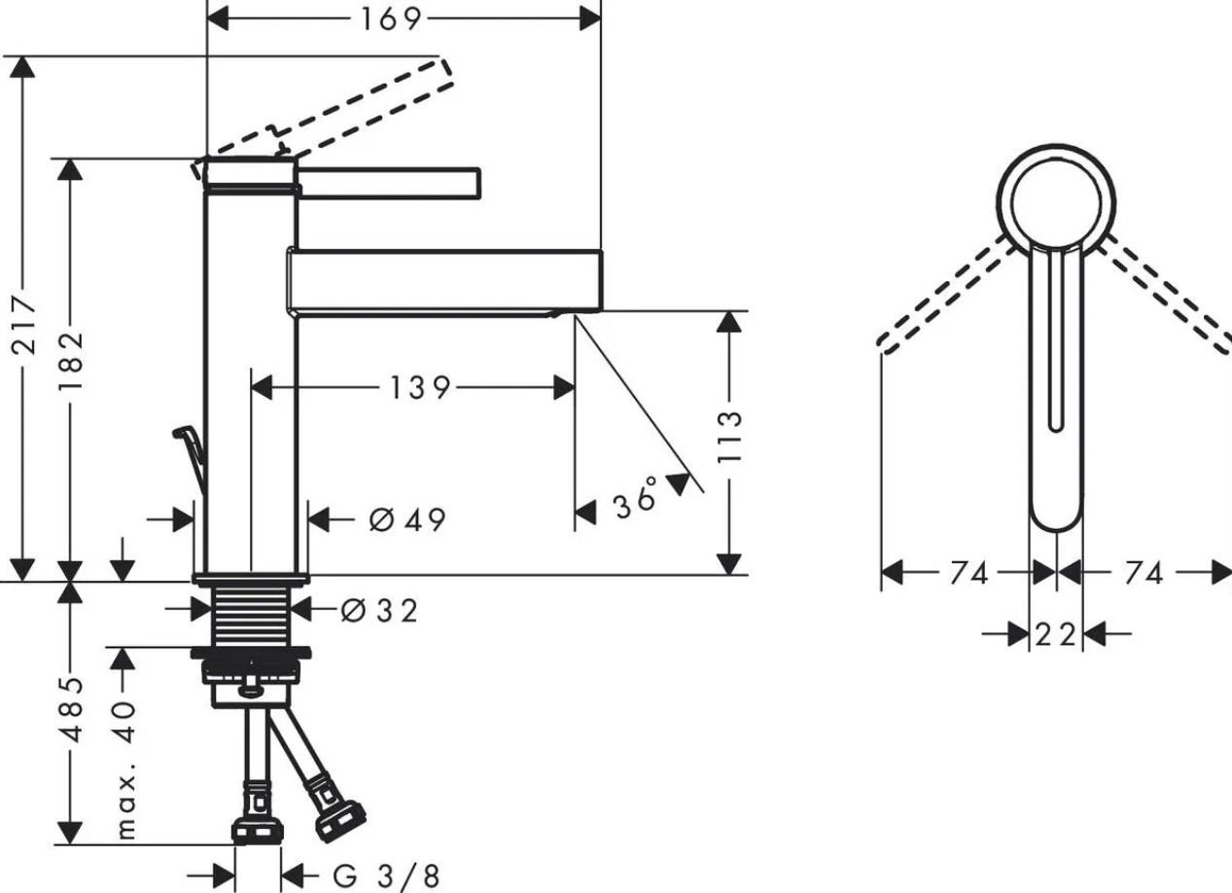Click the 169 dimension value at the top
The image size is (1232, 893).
390,19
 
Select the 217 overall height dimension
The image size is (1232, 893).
23,325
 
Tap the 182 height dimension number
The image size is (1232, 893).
71,360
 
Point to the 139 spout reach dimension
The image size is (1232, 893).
420,388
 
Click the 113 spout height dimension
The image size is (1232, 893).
730,437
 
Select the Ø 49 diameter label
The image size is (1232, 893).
407,520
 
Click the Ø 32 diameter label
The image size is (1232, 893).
379,610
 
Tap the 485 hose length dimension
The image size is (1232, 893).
71,709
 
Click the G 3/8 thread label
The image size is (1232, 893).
386,875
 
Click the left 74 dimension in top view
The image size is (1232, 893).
969,574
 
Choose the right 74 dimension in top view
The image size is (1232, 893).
1144,574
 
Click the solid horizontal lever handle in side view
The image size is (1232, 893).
388,183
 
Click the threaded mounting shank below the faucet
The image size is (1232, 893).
251,617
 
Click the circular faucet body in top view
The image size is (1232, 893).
1056,204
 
